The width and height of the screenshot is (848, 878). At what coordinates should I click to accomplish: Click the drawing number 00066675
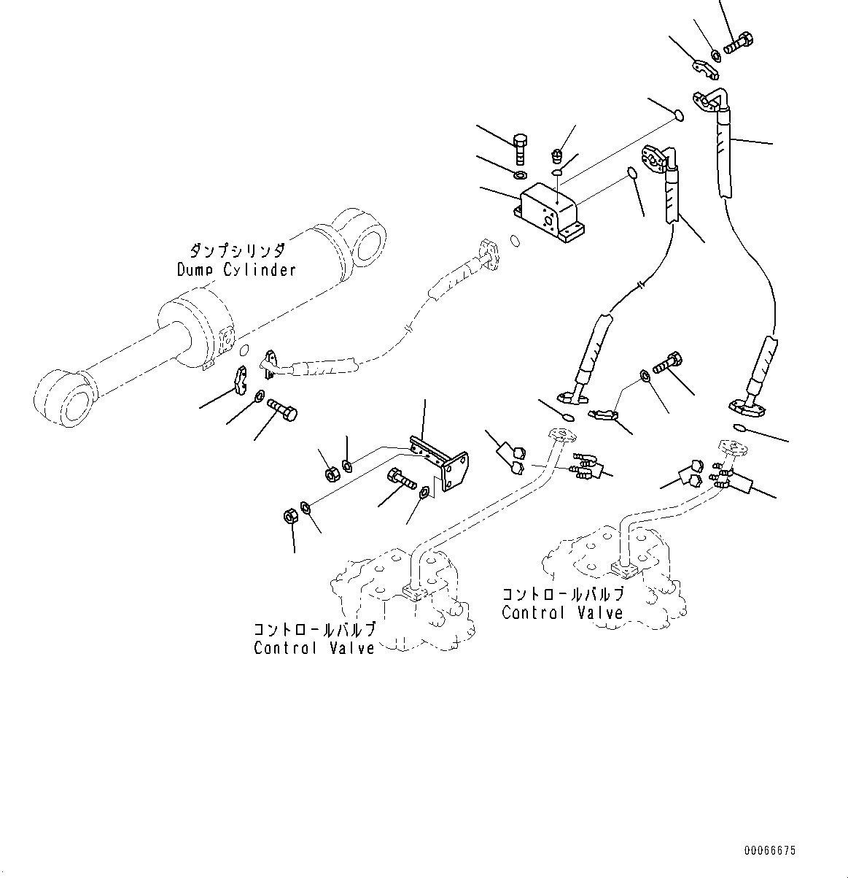pos(770,851)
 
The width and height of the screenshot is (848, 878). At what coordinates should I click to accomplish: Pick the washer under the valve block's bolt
pos(519,177)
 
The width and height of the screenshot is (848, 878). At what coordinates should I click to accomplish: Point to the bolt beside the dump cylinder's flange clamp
pos(282,409)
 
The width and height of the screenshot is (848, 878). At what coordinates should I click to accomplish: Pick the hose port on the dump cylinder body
pos(225,340)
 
